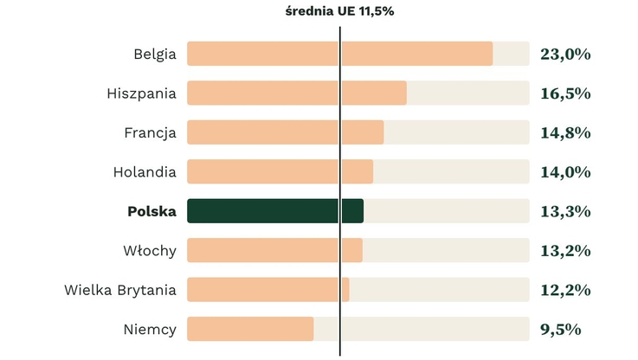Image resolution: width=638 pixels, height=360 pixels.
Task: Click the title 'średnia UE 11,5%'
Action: pyautogui.click(x=339, y=11)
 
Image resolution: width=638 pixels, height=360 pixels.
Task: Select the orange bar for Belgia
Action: pyautogui.click(x=339, y=54)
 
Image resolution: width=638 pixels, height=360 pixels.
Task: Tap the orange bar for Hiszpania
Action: pyautogui.click(x=297, y=93)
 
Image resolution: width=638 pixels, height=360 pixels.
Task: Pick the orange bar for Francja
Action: pyautogui.click(x=285, y=132)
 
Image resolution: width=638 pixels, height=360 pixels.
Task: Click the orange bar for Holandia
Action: pyautogui.click(x=280, y=171)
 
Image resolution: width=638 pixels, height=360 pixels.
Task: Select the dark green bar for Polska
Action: pyautogui.click(x=275, y=211)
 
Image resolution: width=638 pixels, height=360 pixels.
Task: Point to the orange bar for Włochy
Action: pyautogui.click(x=274, y=250)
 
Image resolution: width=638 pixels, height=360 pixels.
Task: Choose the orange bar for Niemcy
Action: pyautogui.click(x=250, y=329)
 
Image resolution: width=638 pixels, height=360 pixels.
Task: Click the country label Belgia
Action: pyautogui.click(x=155, y=55)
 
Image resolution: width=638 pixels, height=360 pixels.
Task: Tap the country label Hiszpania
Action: pyautogui.click(x=142, y=93)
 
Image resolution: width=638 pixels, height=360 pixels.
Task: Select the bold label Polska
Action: pyautogui.click(x=151, y=211)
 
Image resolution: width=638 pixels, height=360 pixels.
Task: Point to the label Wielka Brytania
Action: pyautogui.click(x=120, y=290)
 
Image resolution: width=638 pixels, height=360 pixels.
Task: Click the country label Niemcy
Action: pyautogui.click(x=150, y=329)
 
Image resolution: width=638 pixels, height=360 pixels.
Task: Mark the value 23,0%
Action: pyautogui.click(x=565, y=55)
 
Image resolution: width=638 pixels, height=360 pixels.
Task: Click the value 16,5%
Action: pyautogui.click(x=565, y=93)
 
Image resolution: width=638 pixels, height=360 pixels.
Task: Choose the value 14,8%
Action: pyautogui.click(x=565, y=133)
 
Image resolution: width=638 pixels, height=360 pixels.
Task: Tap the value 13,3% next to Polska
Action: pyautogui.click(x=565, y=211)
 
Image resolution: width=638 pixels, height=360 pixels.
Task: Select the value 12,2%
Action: pyautogui.click(x=565, y=290)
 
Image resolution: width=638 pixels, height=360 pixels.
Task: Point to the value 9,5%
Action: pyautogui.click(x=561, y=330)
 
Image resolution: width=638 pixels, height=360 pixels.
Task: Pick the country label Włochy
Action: pyautogui.click(x=150, y=251)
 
